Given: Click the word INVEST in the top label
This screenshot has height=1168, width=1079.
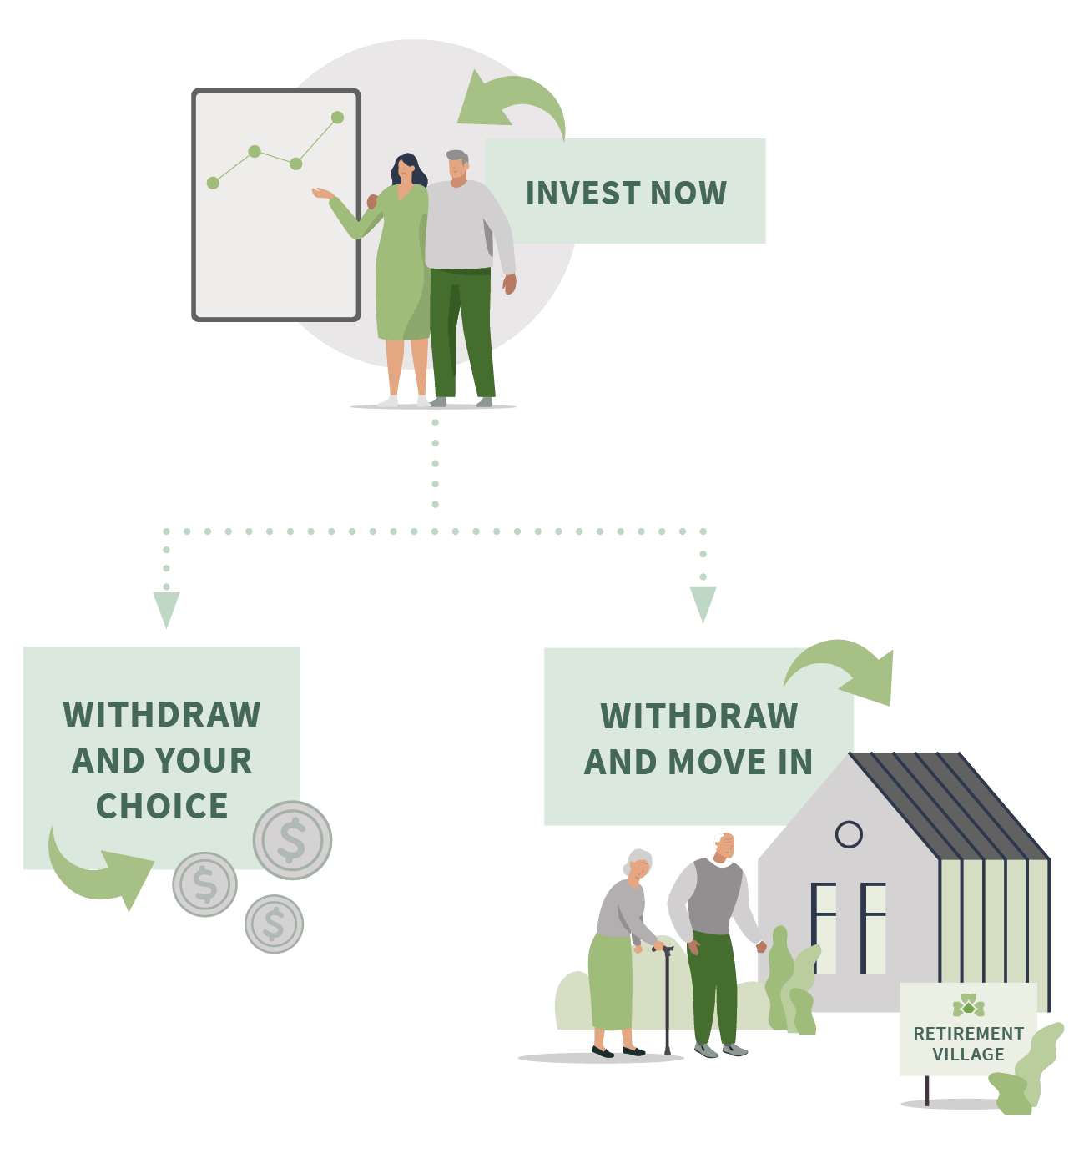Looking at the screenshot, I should [582, 193].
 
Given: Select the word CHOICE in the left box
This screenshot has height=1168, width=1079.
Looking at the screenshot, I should [162, 806].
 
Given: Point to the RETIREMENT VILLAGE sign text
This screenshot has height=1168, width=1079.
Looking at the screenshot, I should [968, 1044].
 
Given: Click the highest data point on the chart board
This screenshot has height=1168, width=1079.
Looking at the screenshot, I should [337, 118].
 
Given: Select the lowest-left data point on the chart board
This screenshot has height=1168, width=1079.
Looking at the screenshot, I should [213, 183].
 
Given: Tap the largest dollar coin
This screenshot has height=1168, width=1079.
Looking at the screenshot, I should [292, 840].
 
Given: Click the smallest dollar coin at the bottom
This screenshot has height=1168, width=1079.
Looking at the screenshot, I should [274, 924].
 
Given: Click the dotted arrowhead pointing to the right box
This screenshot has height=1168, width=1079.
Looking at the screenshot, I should [703, 603].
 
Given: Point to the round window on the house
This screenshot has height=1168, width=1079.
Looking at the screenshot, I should [849, 834].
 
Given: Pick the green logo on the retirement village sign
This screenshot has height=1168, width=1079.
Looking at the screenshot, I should [968, 1005].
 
